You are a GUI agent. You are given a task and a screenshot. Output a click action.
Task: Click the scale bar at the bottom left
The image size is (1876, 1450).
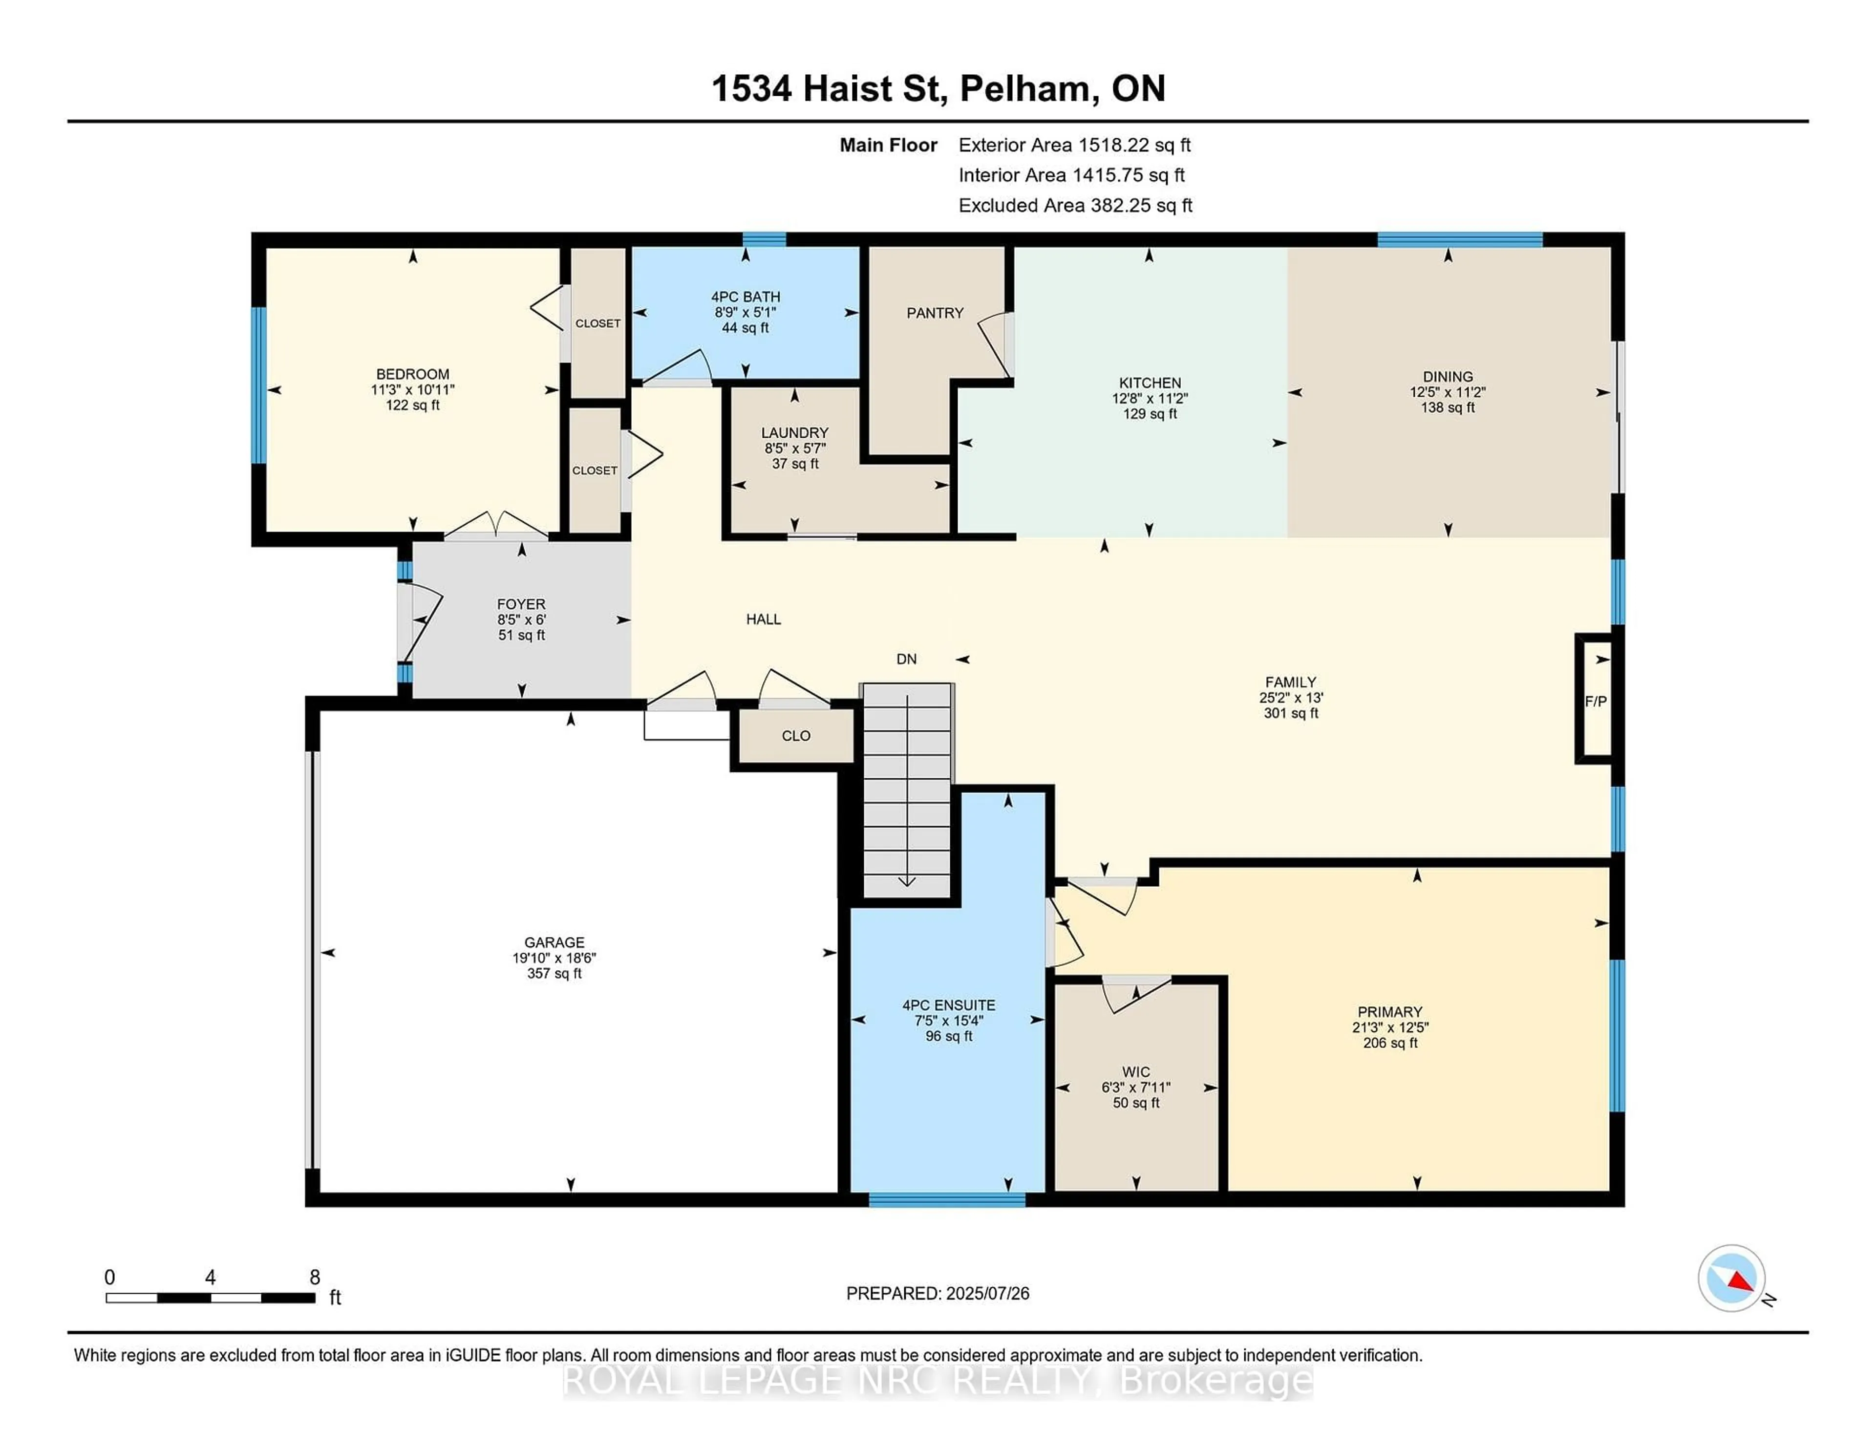click(x=211, y=1297)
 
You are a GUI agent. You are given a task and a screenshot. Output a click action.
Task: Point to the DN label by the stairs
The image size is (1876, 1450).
click(x=906, y=659)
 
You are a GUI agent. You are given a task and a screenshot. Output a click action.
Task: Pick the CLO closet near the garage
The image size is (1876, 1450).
click(x=795, y=736)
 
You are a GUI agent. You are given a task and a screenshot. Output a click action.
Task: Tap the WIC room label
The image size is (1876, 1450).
click(x=1135, y=1072)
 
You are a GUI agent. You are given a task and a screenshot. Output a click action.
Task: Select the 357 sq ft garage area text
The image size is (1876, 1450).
click(x=554, y=973)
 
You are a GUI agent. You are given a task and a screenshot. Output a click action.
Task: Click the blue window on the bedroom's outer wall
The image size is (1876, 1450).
click(x=257, y=385)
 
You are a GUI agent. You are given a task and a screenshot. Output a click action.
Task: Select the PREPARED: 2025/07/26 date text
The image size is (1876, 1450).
click(x=937, y=1293)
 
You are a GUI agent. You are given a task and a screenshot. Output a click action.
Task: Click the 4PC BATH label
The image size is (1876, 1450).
click(x=745, y=297)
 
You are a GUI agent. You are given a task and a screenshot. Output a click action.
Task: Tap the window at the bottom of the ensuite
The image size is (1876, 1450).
click(x=947, y=1199)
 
